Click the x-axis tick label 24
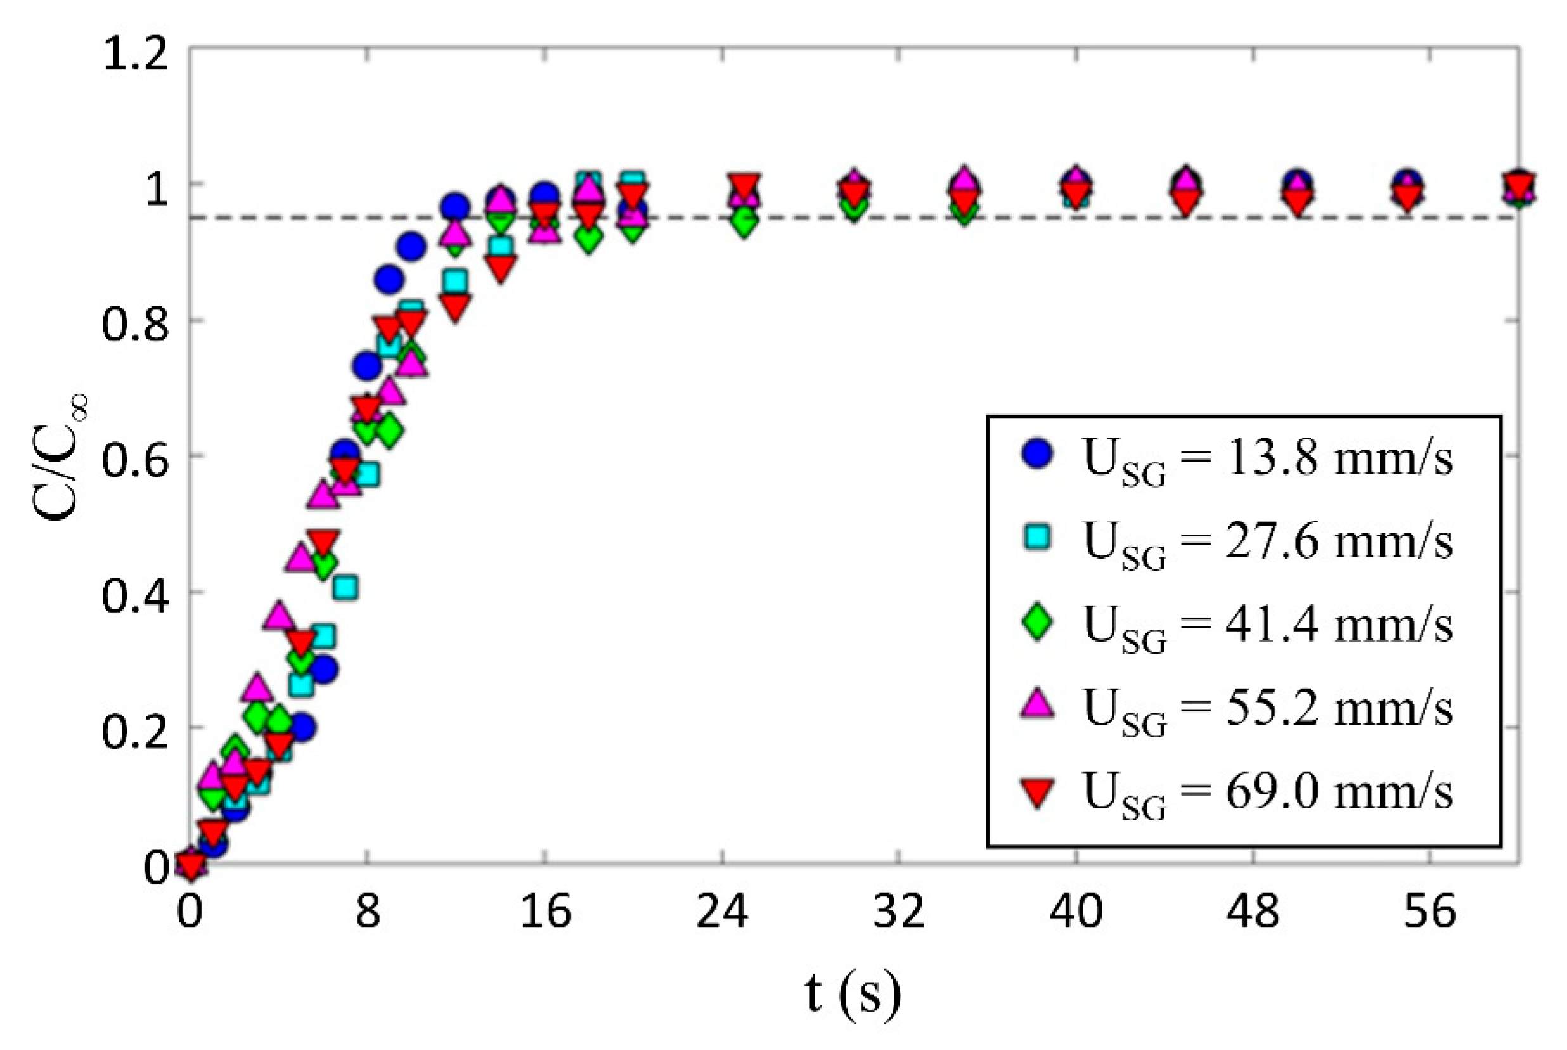click(x=721, y=911)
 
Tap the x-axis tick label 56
click(x=1430, y=911)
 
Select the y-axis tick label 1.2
click(x=134, y=53)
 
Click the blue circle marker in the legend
click(x=1038, y=454)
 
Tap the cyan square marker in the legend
click(x=1038, y=537)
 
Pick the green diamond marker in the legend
click(x=1038, y=621)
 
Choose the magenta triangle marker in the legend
click(x=1038, y=704)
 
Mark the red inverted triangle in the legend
click(x=1038, y=790)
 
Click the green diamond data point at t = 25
click(x=744, y=221)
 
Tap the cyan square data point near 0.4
click(x=345, y=588)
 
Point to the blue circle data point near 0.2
click(x=302, y=728)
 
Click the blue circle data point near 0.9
click(x=411, y=247)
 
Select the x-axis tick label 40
click(x=1075, y=911)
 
